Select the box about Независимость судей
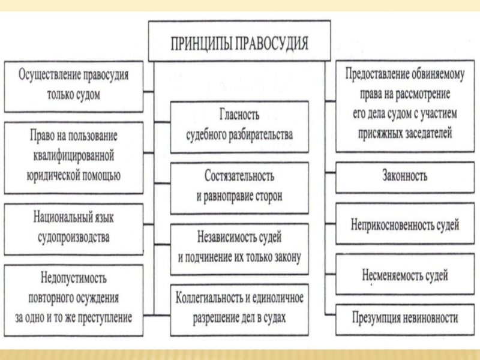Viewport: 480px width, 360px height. click(239, 246)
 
